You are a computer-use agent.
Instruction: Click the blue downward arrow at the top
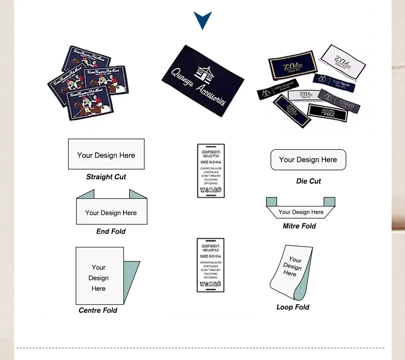click(x=202, y=19)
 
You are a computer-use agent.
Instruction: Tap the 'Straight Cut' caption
click(x=106, y=177)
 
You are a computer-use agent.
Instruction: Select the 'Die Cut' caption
click(x=309, y=181)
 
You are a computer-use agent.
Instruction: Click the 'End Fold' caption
click(x=111, y=231)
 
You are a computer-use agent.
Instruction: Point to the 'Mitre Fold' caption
click(x=299, y=226)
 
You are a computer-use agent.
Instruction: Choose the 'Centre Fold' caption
click(x=98, y=310)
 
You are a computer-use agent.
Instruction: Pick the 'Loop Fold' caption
click(x=293, y=307)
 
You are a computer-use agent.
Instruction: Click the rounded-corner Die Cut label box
click(x=308, y=160)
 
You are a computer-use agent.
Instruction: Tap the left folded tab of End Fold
click(x=86, y=194)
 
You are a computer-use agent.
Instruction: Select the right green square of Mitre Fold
click(x=329, y=201)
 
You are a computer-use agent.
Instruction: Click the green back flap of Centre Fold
click(x=131, y=280)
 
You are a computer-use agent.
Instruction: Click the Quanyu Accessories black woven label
click(x=202, y=81)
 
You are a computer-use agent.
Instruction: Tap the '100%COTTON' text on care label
click(x=211, y=156)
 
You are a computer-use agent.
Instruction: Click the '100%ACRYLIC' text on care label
click(x=211, y=251)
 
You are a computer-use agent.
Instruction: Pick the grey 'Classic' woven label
click(x=339, y=100)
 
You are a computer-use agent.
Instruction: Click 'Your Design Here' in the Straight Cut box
click(x=106, y=155)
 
